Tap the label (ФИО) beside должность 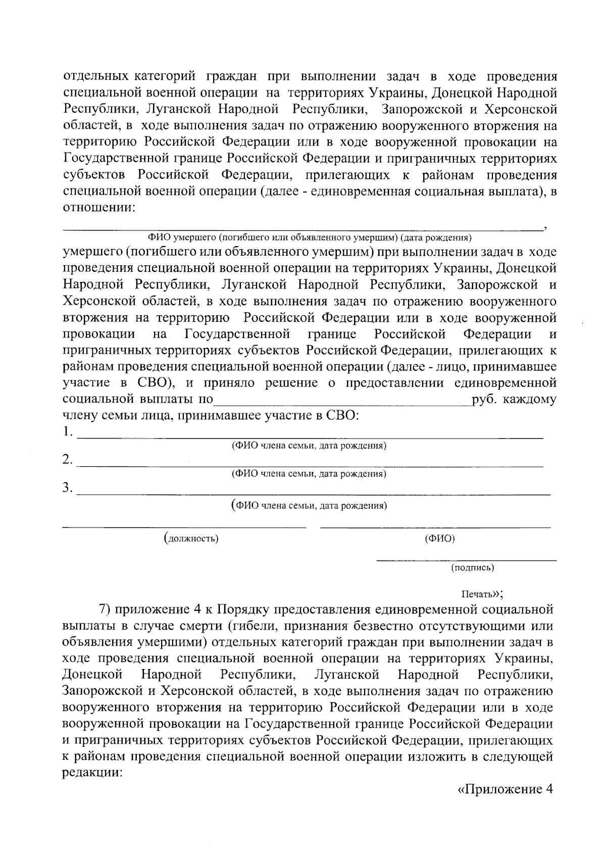point(440,539)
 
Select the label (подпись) point(472,567)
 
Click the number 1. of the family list point(68,433)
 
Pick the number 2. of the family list point(68,460)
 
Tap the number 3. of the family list point(68,488)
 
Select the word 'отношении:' point(99,208)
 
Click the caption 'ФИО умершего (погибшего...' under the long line point(309,237)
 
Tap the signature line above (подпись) point(466,560)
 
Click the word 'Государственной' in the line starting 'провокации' point(237,334)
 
